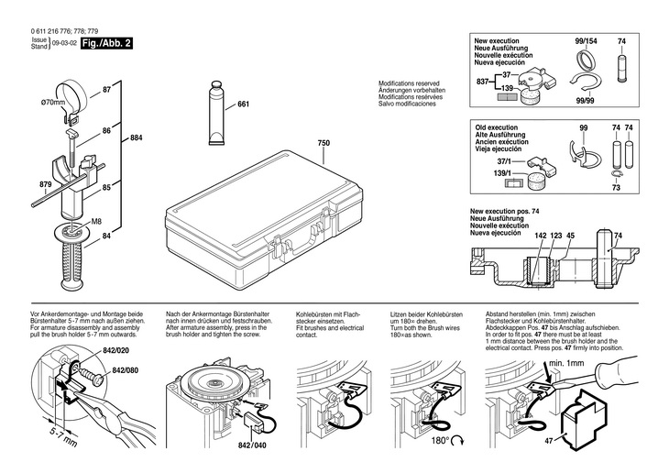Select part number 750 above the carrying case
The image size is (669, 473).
323,143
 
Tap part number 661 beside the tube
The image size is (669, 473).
243,104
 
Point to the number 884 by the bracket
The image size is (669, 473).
137,137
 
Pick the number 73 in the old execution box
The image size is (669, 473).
616,187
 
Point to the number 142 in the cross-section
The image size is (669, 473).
541,236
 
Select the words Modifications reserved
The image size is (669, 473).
412,83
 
